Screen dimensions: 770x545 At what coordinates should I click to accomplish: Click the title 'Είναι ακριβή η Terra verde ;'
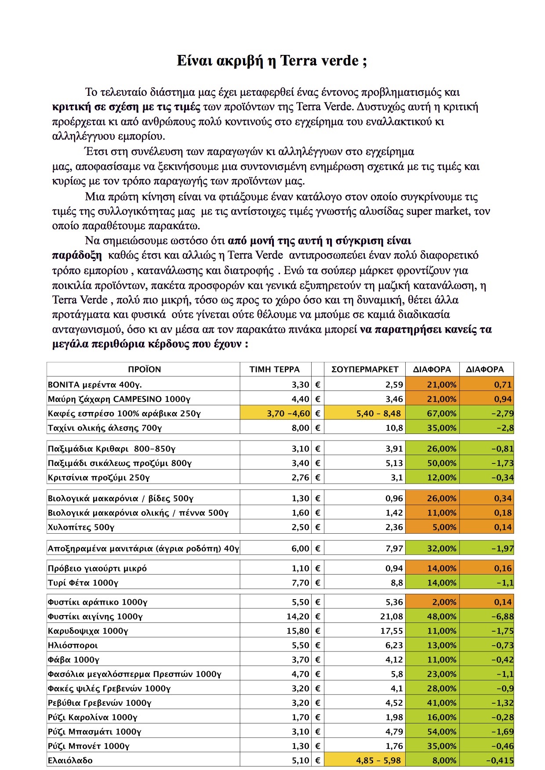pos(272,61)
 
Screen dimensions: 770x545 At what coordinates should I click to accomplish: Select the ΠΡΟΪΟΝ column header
pos(144,369)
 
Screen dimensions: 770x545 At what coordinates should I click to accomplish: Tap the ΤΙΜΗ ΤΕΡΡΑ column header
pos(275,369)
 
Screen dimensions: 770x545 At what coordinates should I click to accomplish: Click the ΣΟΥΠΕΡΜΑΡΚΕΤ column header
pos(365,369)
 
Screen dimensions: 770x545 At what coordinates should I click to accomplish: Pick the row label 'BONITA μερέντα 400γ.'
pos(95,385)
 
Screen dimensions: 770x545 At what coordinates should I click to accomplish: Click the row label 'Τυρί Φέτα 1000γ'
pos(83,583)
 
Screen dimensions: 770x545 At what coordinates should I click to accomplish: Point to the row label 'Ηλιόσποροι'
pos(73,646)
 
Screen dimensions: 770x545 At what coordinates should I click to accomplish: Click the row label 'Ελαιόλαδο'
pos(70,760)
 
